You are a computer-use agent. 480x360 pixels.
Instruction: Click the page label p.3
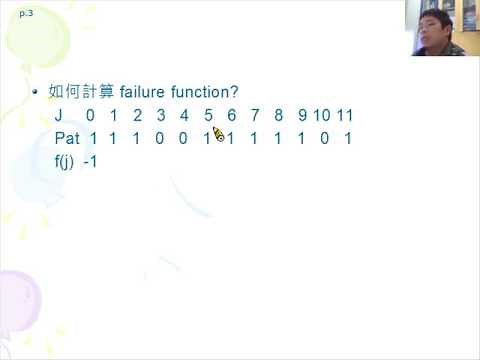[26, 14]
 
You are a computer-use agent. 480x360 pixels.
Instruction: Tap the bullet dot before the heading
[35, 91]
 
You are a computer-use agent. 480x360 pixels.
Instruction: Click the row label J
[59, 115]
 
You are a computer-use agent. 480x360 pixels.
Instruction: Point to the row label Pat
[67, 138]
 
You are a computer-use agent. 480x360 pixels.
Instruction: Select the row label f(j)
[66, 161]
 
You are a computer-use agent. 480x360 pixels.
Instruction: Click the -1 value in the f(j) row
[90, 161]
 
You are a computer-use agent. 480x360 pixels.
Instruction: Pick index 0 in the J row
[90, 115]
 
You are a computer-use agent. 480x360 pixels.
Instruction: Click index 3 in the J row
[161, 115]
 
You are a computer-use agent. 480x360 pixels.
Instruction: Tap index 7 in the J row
[255, 115]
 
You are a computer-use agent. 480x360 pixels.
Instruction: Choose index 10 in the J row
[322, 115]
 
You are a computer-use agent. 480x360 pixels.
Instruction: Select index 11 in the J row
[345, 115]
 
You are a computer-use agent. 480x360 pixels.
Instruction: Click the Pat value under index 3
[161, 138]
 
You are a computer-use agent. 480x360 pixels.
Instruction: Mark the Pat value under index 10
[324, 138]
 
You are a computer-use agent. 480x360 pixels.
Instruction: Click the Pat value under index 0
[92, 138]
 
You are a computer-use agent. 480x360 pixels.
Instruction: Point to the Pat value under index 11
[347, 138]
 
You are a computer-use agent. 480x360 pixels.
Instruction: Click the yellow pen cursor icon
[219, 135]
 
